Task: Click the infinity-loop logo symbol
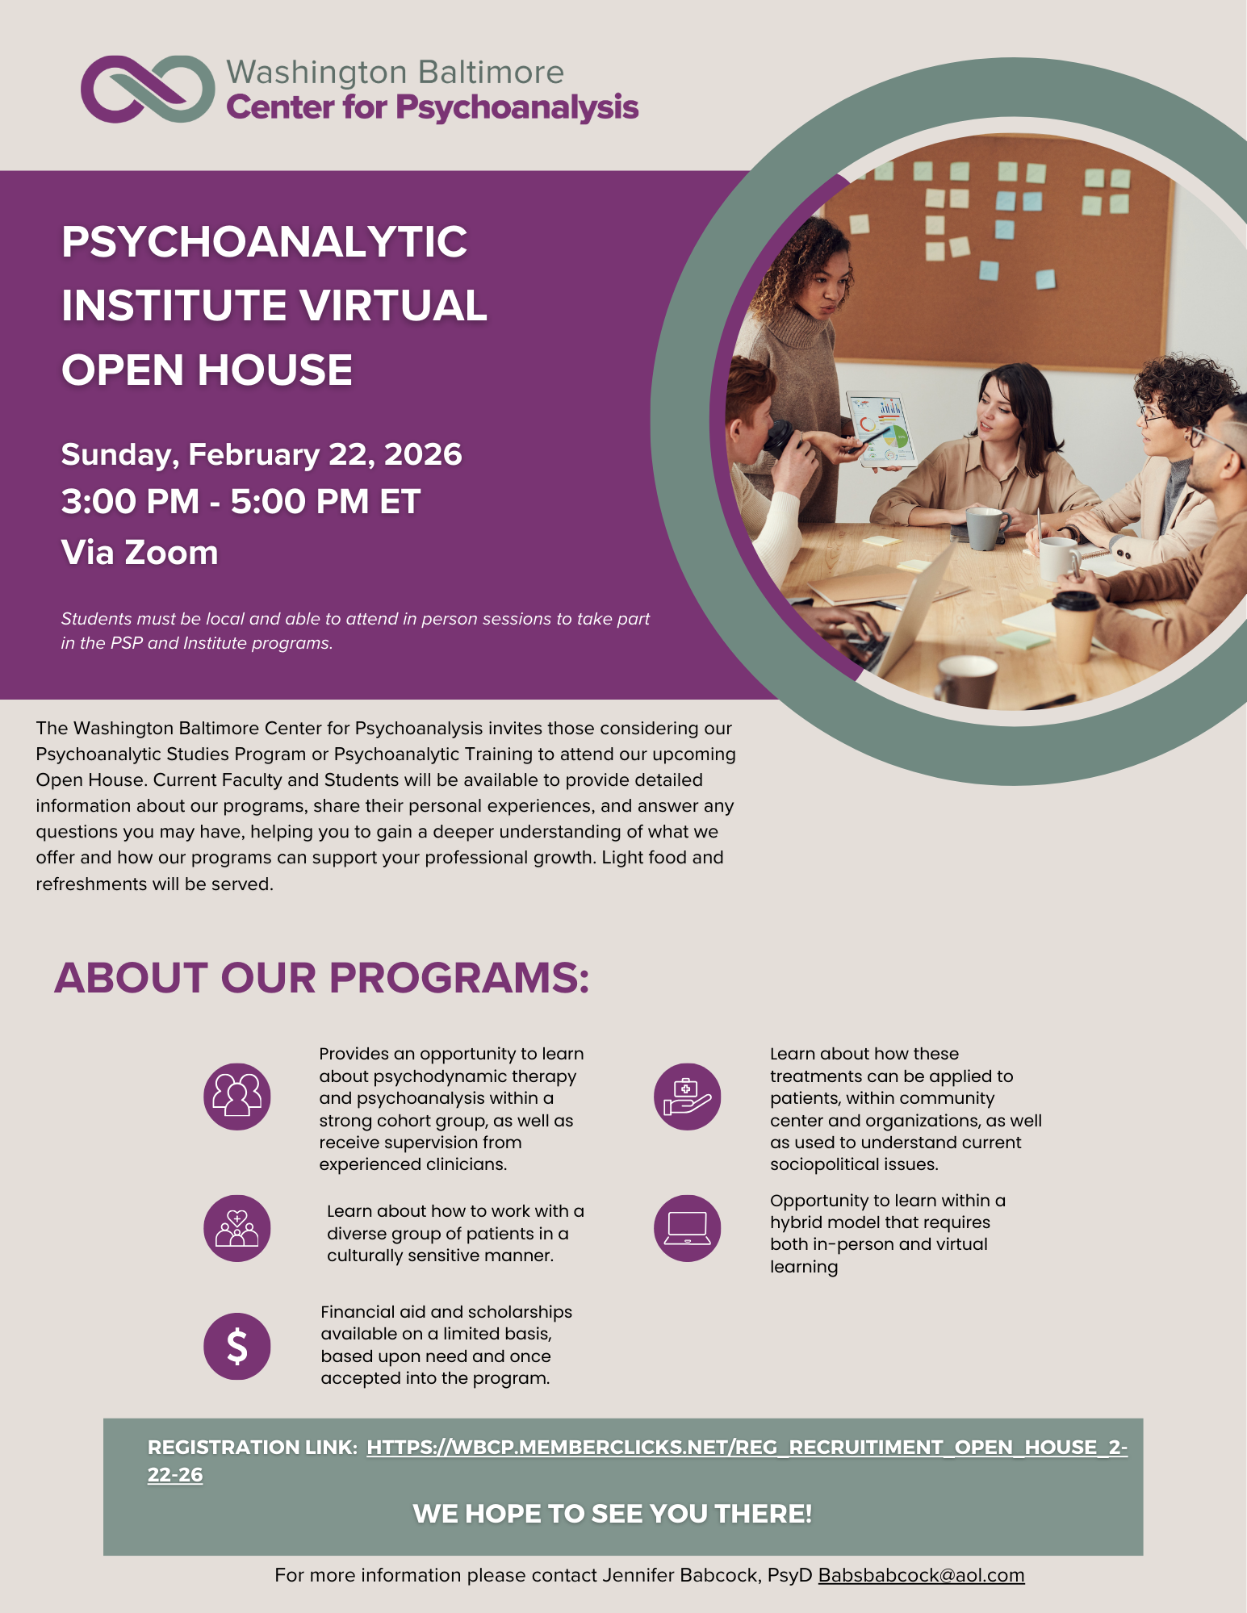(148, 89)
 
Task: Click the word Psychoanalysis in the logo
(517, 108)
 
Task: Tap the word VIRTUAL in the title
(392, 306)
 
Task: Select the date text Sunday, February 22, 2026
(262, 454)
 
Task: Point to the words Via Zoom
(140, 553)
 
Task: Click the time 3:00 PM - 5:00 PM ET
(241, 501)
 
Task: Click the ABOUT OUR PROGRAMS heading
(321, 978)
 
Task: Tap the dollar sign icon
(236, 1346)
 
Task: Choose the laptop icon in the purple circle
(687, 1228)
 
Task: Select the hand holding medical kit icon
(687, 1097)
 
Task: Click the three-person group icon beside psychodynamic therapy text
(236, 1097)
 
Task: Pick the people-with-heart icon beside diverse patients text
(236, 1228)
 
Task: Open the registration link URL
(747, 1448)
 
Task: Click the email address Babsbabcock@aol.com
(921, 1575)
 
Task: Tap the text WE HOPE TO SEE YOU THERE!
(612, 1514)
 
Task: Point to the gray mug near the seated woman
(985, 528)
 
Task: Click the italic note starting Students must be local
(355, 630)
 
